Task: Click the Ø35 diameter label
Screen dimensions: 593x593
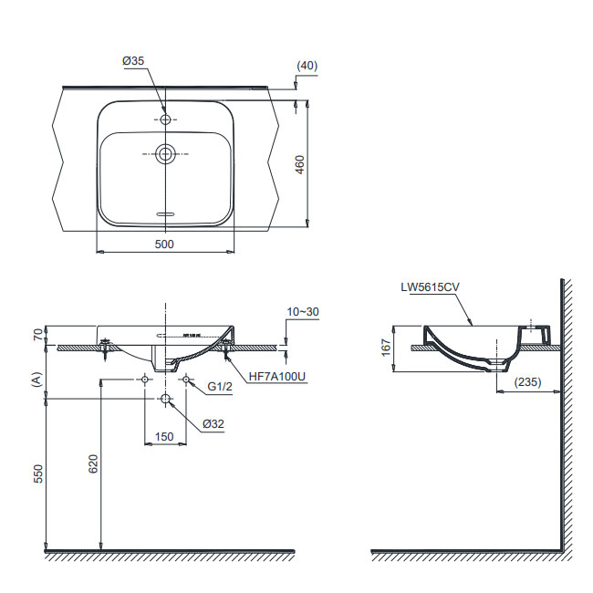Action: (x=133, y=60)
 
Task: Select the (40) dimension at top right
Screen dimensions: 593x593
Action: (x=307, y=66)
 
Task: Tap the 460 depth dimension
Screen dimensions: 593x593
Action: (x=299, y=164)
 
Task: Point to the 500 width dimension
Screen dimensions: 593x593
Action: (x=164, y=244)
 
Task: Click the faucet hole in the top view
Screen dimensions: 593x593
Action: (x=165, y=120)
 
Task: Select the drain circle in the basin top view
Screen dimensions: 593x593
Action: (x=165, y=154)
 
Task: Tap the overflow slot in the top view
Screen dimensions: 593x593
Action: (x=165, y=214)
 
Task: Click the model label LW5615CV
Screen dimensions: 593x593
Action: (x=430, y=287)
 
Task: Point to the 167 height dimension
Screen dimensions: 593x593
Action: (x=386, y=348)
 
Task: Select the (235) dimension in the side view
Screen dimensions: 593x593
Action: (x=528, y=382)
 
